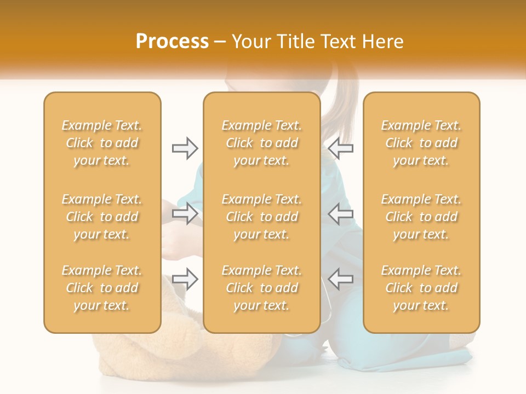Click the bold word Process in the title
172,42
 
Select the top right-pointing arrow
185,148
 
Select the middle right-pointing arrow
185,214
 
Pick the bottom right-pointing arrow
185,279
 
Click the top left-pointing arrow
341,148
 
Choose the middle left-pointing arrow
341,214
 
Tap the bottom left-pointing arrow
341,279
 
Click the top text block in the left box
102,143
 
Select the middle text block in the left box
102,217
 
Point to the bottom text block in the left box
102,288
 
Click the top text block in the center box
261,143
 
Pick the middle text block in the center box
261,217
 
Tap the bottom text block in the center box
261,288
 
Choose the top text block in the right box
421,143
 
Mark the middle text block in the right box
421,217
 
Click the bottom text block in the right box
421,288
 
